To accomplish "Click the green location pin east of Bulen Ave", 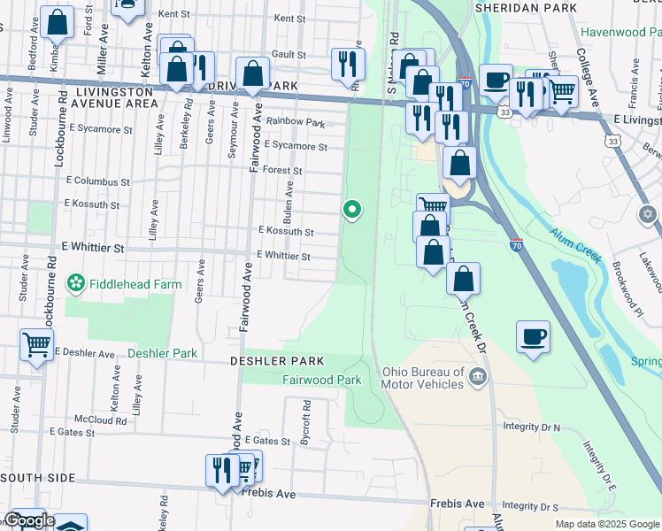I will point(352,210).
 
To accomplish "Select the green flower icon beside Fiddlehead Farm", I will point(77,284).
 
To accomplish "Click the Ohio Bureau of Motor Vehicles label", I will point(423,378).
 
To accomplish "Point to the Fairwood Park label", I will point(322,380).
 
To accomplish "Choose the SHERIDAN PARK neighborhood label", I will point(526,8).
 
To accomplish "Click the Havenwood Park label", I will point(621,32).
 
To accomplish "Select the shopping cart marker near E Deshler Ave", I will point(36,344).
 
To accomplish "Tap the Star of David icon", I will point(648,214).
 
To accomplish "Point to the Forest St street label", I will point(283,171).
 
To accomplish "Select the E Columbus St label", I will point(97,181).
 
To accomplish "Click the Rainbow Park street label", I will point(296,122).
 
